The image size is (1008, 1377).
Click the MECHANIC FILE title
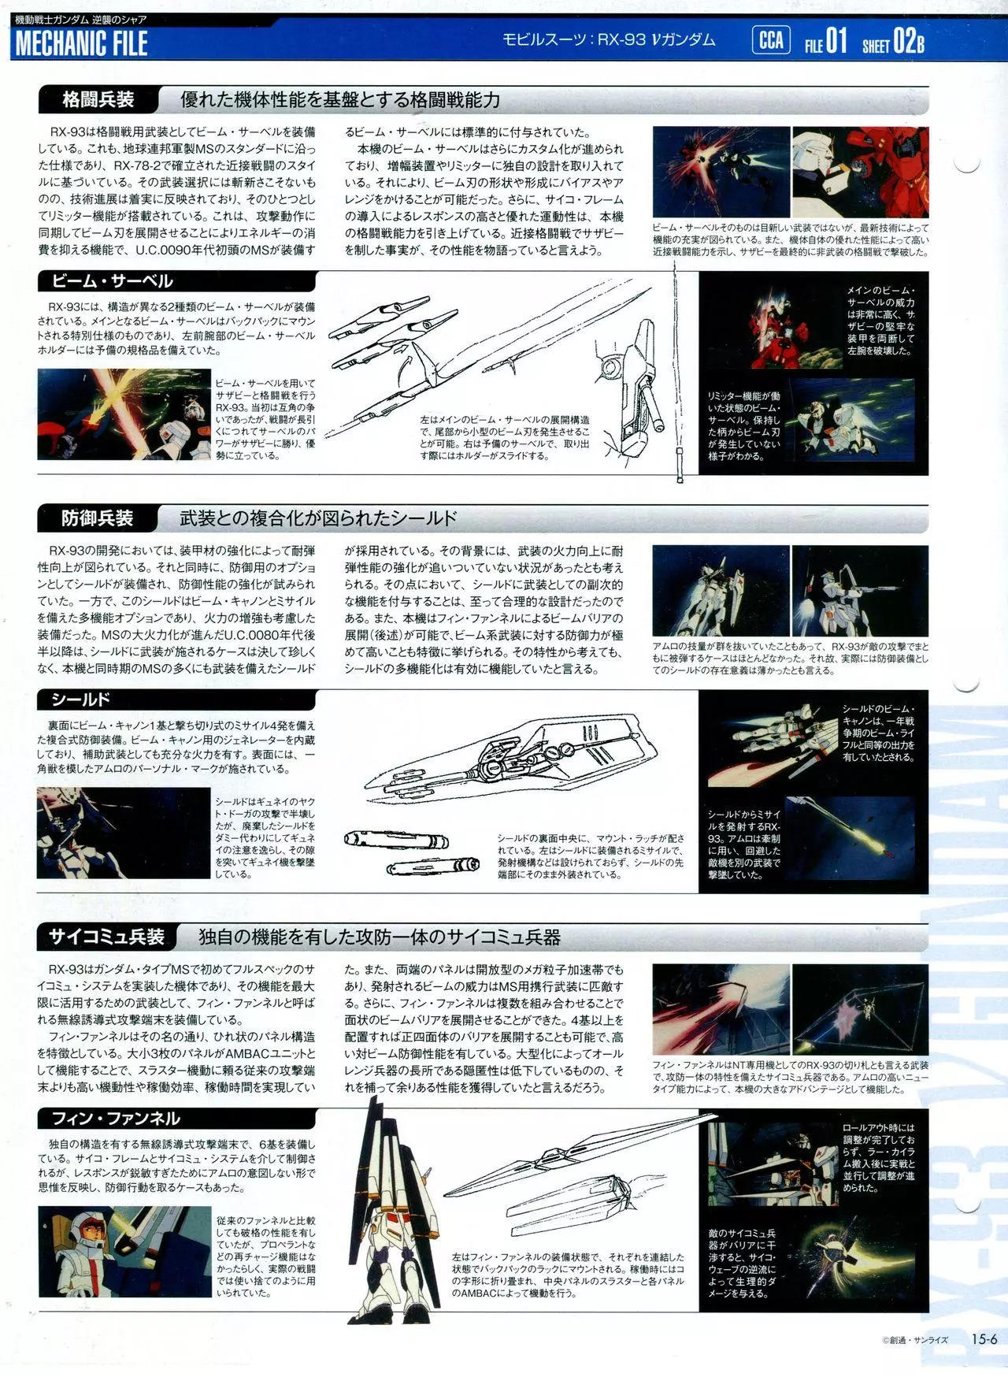coord(81,43)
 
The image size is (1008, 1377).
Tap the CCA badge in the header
coord(771,39)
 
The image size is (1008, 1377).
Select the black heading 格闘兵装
coord(98,100)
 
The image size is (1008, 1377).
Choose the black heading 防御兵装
coord(98,518)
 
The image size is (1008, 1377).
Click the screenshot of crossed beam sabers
coord(124,414)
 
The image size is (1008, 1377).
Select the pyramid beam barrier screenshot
coord(860,1009)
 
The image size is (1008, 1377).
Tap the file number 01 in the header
coord(837,41)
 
